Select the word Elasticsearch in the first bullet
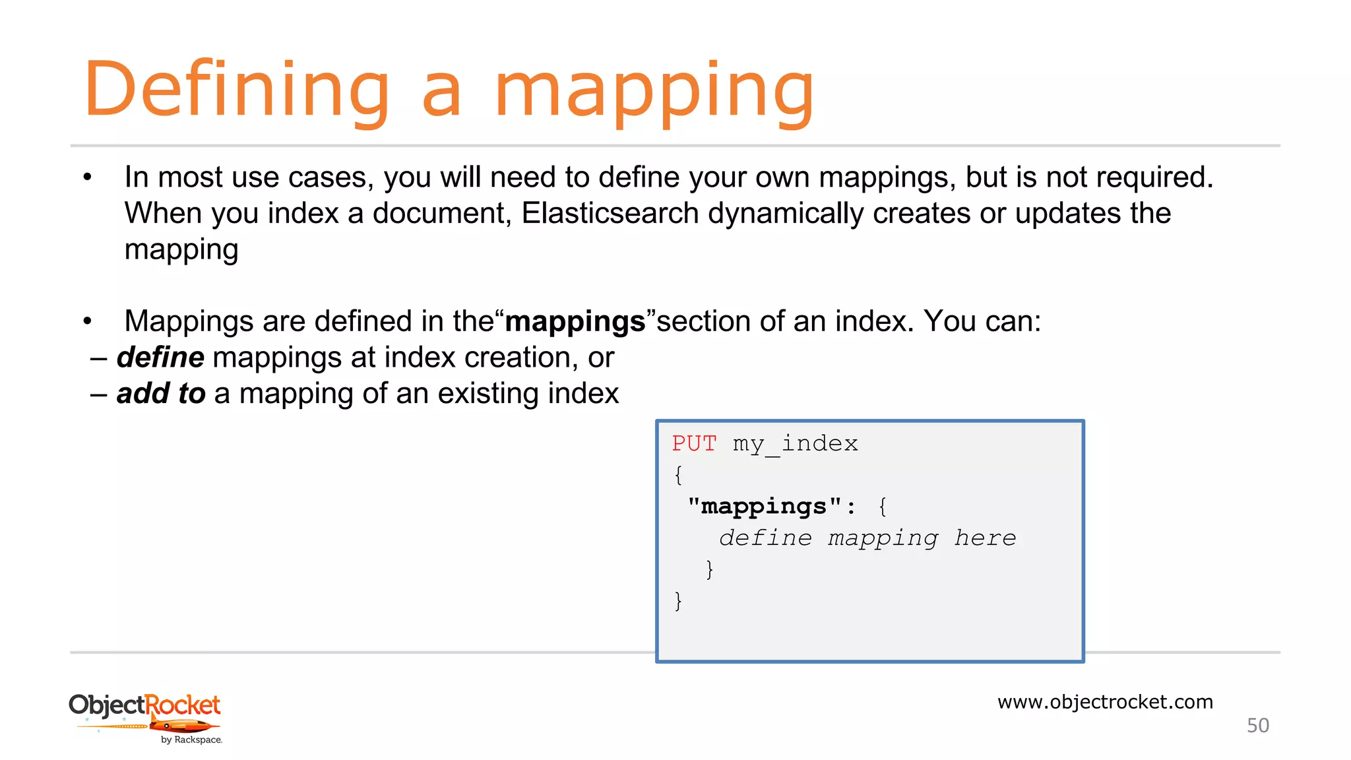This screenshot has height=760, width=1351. (610, 213)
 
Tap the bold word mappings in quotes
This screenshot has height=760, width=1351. (575, 322)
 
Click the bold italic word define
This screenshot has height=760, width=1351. (160, 358)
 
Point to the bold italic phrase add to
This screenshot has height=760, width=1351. (161, 394)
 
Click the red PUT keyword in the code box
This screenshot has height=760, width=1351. (694, 443)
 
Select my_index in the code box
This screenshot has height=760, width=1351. (795, 444)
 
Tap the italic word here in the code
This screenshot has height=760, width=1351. (985, 538)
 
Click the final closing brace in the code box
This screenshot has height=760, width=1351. (678, 600)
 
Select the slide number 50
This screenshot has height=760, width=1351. (1257, 726)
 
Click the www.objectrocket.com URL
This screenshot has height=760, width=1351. (1105, 701)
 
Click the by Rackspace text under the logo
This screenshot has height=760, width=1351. (191, 740)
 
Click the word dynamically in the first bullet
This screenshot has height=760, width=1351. (785, 213)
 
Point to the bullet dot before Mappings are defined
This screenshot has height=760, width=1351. (87, 321)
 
